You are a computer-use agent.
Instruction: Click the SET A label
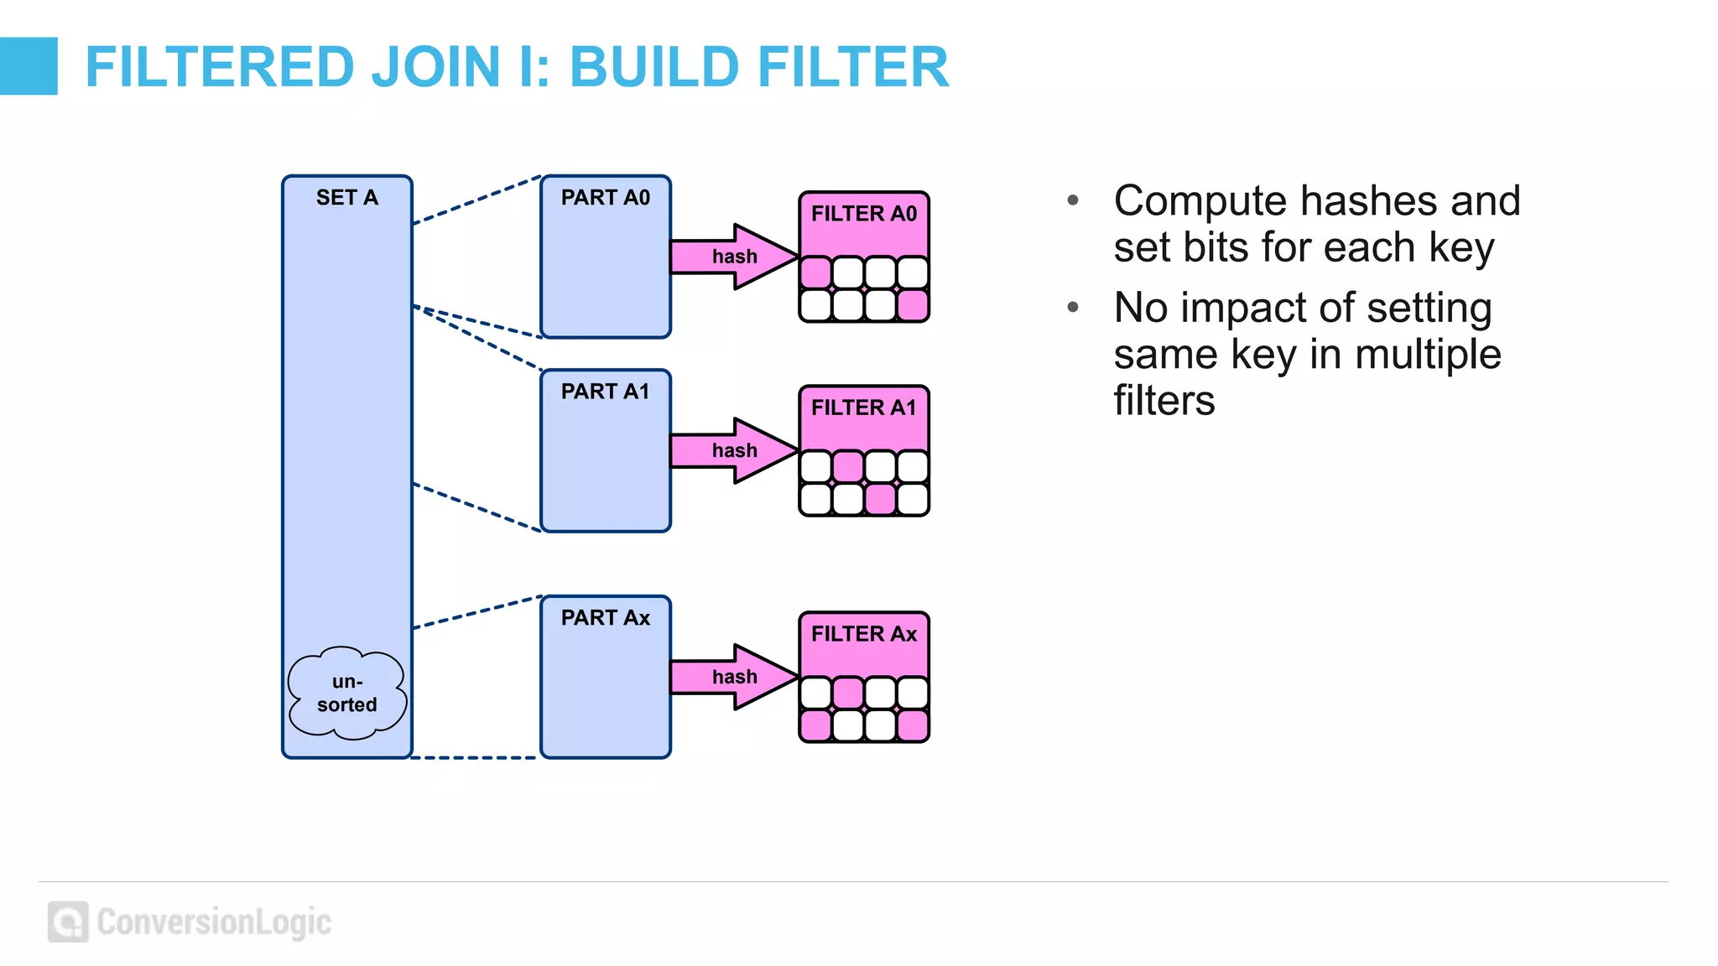(x=346, y=198)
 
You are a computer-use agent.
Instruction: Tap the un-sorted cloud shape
(x=346, y=693)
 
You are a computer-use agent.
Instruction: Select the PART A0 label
(x=605, y=198)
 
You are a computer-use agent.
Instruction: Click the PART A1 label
(x=605, y=392)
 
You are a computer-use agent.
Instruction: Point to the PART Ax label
(x=605, y=618)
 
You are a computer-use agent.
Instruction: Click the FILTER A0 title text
(x=863, y=214)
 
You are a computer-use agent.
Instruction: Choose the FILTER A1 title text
(x=863, y=408)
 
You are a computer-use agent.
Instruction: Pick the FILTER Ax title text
(x=863, y=634)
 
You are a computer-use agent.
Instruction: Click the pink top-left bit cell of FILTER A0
(x=815, y=273)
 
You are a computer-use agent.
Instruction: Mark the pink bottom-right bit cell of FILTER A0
(x=913, y=305)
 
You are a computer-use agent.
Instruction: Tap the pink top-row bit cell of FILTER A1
(x=848, y=466)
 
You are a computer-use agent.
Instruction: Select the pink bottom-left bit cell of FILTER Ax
(x=815, y=725)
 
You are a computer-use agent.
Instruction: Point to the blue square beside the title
(x=29, y=66)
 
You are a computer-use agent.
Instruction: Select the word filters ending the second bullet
(x=1164, y=400)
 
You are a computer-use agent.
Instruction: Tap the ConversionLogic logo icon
(x=68, y=922)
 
